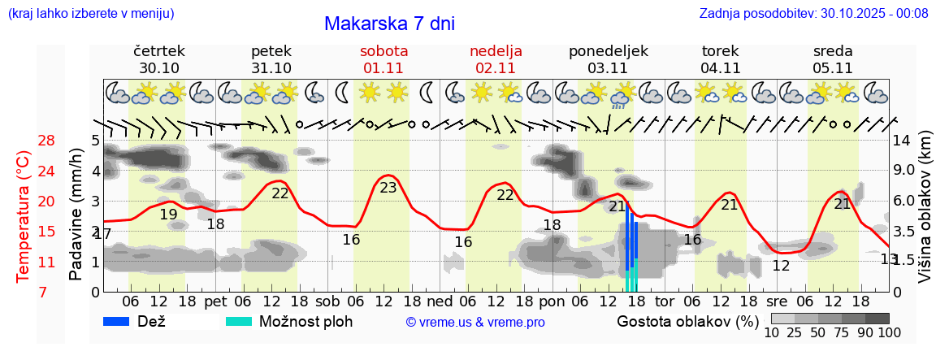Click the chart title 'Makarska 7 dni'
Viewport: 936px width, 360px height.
click(x=389, y=24)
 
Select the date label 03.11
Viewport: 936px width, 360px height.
click(x=608, y=68)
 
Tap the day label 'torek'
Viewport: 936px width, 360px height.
click(x=720, y=51)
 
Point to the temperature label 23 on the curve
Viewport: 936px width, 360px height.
click(x=388, y=188)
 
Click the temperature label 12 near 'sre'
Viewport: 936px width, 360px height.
click(x=781, y=266)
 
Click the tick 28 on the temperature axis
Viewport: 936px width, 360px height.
click(x=46, y=141)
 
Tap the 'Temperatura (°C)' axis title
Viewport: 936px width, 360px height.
click(x=24, y=217)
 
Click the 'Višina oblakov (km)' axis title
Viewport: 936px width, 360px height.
click(x=925, y=215)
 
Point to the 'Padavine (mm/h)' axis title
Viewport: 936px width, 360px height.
click(x=76, y=215)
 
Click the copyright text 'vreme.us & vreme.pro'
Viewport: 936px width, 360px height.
click(x=475, y=322)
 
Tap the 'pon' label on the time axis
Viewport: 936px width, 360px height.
click(x=552, y=301)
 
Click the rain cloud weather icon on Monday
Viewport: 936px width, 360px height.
click(x=622, y=94)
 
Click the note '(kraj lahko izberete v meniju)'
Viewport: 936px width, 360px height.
click(x=90, y=14)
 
